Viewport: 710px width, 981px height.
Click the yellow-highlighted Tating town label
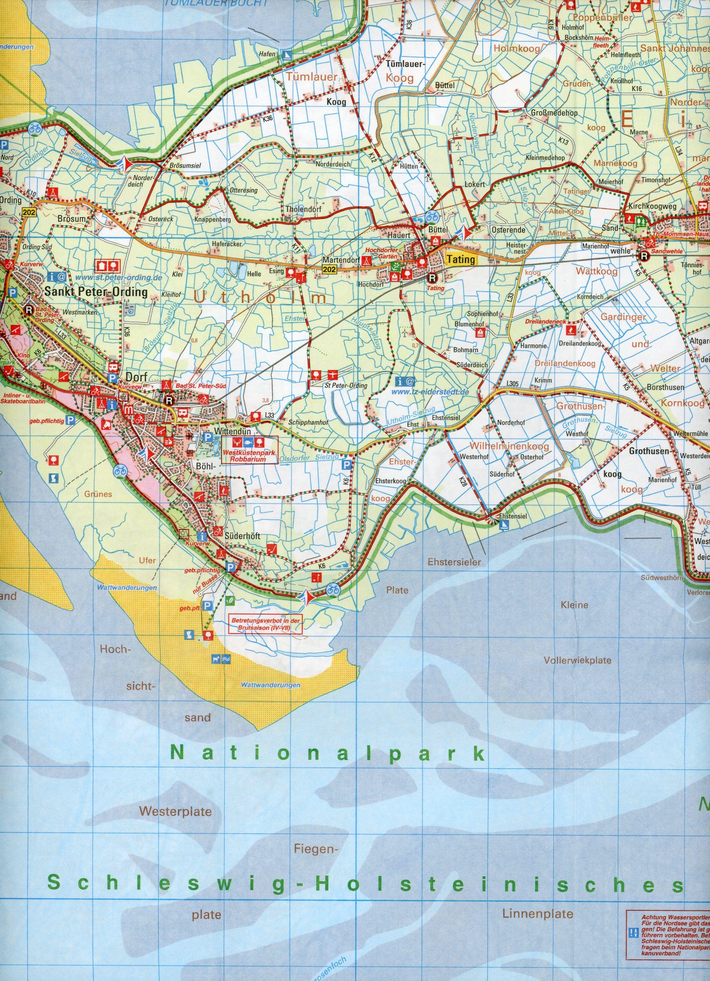(461, 259)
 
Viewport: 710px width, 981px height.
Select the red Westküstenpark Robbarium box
(249, 450)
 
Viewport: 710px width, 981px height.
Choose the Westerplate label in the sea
(175, 811)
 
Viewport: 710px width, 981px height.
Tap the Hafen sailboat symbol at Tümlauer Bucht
(286, 55)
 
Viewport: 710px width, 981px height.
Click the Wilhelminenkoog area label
(509, 446)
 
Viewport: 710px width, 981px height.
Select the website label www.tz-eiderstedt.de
(430, 392)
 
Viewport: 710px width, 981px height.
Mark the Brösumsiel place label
(185, 166)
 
